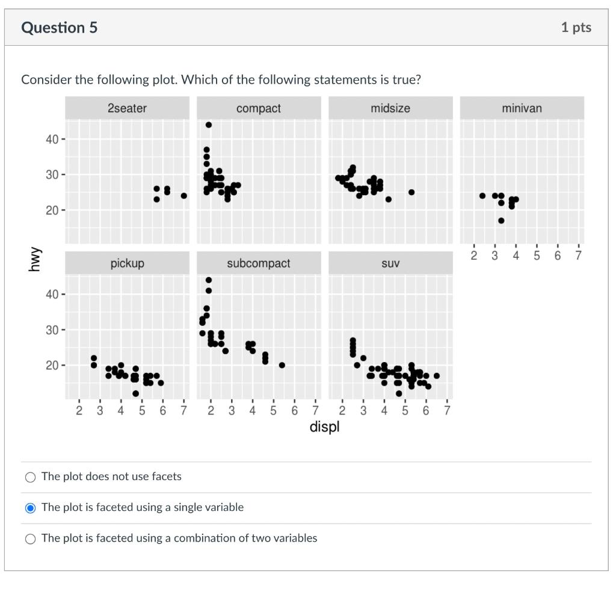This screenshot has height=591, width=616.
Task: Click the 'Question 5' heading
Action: point(59,28)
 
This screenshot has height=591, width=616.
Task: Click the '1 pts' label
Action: point(576,27)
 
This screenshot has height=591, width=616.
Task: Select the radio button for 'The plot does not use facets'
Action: point(31,477)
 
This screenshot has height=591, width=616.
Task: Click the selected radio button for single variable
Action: point(31,508)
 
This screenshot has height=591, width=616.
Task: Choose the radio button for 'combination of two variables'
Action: point(31,539)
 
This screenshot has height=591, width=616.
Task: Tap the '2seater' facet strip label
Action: point(127,108)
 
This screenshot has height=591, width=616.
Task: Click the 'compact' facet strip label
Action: point(258,108)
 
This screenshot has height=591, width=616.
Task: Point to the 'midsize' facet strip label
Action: point(390,108)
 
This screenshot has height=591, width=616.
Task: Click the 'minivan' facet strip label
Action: point(522,108)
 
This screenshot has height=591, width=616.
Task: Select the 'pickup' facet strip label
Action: point(127,263)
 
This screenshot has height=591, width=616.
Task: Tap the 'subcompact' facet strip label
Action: point(258,263)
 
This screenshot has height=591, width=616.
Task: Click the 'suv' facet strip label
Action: point(390,263)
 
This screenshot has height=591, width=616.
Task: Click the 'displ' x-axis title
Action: point(324,427)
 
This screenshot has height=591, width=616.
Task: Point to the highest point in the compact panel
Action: point(209,125)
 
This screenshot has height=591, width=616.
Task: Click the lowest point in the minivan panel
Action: point(501,220)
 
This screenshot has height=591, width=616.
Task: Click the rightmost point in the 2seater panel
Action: point(183,196)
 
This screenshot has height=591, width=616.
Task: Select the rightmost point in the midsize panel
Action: point(411,192)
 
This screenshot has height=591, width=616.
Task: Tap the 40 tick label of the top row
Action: point(52,139)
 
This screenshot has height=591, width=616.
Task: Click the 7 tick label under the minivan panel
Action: point(578,255)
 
